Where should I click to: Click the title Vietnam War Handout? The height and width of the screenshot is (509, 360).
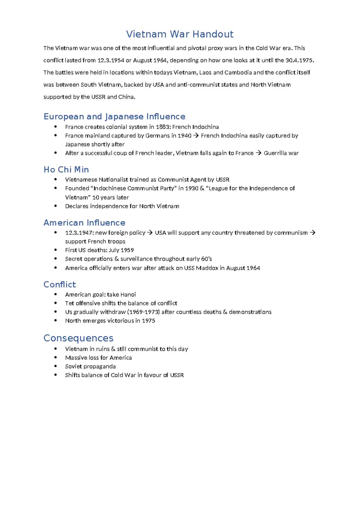tap(179, 34)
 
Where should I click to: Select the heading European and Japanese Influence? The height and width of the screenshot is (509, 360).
tap(114, 116)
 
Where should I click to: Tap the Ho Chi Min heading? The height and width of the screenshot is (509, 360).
tap(66, 170)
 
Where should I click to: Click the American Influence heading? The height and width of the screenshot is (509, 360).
tap(84, 223)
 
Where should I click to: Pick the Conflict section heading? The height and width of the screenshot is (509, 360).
tap(60, 285)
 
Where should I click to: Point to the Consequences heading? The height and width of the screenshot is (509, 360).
tap(78, 338)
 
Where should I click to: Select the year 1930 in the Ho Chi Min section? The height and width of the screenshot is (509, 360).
tap(192, 188)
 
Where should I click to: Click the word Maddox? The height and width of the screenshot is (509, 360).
tap(207, 268)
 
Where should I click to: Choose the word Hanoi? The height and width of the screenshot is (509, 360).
tap(128, 295)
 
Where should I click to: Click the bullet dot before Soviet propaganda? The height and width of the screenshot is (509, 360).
tap(55, 366)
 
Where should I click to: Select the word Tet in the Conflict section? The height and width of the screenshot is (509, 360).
tap(70, 303)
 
